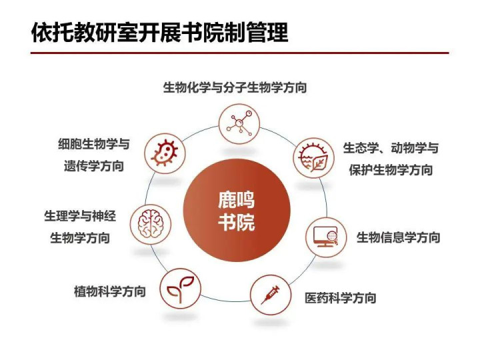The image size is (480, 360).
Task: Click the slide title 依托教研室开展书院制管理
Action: pyautogui.click(x=160, y=33)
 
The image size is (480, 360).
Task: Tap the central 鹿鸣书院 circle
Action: pyautogui.click(x=236, y=211)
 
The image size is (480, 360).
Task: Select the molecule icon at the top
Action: pyautogui.click(x=239, y=124)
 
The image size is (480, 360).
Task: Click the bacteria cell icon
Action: pyautogui.click(x=165, y=153)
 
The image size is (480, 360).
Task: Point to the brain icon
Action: pyautogui.click(x=150, y=225)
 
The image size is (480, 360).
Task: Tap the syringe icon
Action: pyautogui.click(x=271, y=295)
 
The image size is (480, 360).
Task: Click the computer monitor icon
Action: pyautogui.click(x=326, y=237)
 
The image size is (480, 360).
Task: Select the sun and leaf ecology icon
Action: pyautogui.click(x=314, y=158)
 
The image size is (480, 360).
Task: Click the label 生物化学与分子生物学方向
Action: pyautogui.click(x=235, y=87)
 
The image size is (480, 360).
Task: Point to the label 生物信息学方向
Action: pyautogui.click(x=398, y=237)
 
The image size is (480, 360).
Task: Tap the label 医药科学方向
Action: pyautogui.click(x=341, y=298)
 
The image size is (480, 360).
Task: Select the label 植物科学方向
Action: pyautogui.click(x=109, y=291)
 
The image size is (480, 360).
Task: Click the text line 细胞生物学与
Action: pyautogui.click(x=94, y=144)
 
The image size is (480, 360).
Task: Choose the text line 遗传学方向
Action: pyautogui.click(x=94, y=166)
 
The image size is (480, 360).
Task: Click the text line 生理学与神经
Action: pyautogui.click(x=80, y=216)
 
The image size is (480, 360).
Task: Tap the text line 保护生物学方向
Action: pyautogui.click(x=391, y=170)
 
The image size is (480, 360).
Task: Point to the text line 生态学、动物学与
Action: pyautogui.click(x=391, y=148)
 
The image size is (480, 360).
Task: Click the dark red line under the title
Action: pyautogui.click(x=240, y=53)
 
